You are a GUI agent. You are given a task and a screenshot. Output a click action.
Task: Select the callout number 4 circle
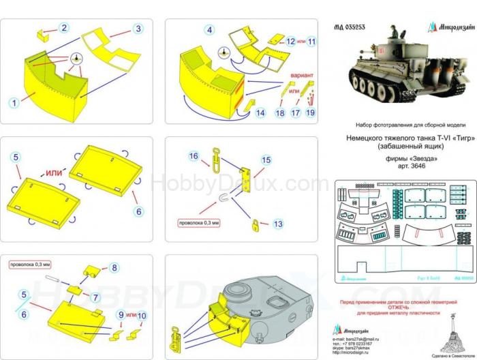pyautogui.click(x=210, y=29)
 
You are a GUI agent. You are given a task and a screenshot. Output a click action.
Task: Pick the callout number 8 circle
pyautogui.click(x=114, y=267)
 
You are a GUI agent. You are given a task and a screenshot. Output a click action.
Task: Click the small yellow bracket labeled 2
pyautogui.click(x=42, y=33)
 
